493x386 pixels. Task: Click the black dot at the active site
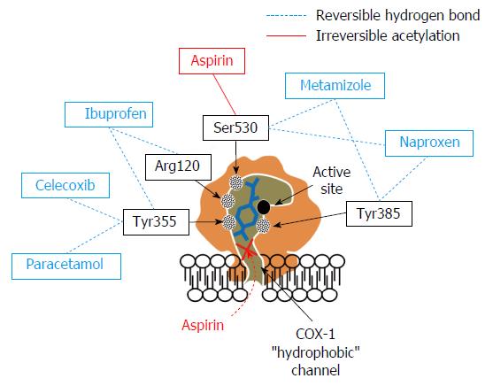point(264,206)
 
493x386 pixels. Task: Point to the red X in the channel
point(248,251)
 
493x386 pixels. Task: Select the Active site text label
point(332,181)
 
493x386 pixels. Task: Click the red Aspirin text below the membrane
point(203,325)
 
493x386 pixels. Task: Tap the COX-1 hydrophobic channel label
point(315,352)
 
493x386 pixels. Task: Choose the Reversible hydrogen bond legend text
point(397,15)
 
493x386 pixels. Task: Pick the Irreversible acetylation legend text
point(388,36)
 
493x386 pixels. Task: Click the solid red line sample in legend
point(286,36)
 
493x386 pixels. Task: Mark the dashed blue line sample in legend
point(286,15)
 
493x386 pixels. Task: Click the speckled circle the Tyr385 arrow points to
point(263,225)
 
